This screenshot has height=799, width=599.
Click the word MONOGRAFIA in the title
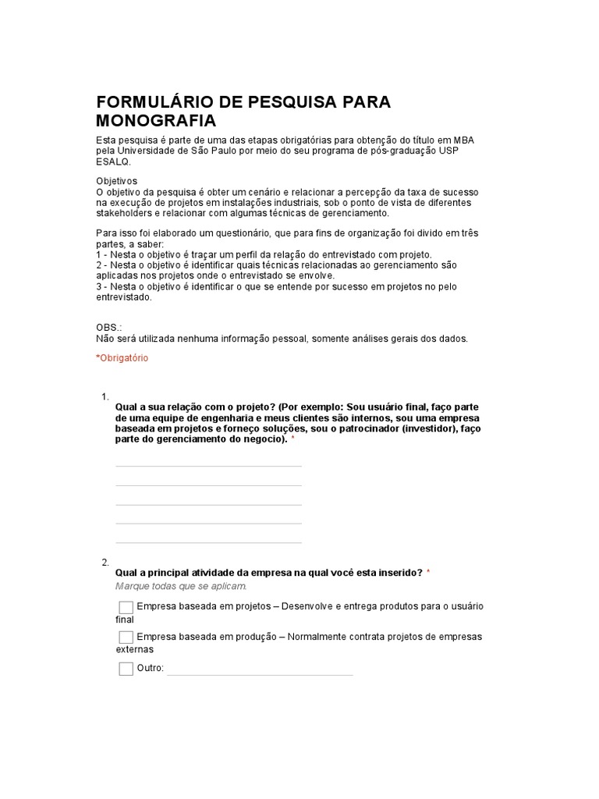(x=156, y=121)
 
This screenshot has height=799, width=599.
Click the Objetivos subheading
(x=116, y=181)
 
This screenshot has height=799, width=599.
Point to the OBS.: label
(x=109, y=328)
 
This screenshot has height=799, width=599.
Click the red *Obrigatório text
(x=122, y=358)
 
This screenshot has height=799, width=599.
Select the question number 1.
(x=105, y=397)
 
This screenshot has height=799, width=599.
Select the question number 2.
(x=105, y=562)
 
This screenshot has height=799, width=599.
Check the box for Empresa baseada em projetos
(x=126, y=607)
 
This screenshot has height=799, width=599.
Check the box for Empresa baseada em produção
(x=126, y=637)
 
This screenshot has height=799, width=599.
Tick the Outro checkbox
(x=126, y=669)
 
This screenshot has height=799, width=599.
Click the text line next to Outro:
(x=260, y=673)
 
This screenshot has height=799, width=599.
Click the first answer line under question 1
(x=208, y=465)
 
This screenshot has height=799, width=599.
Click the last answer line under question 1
(x=208, y=542)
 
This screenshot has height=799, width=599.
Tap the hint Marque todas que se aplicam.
(x=181, y=586)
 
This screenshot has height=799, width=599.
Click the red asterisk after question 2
(x=428, y=573)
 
